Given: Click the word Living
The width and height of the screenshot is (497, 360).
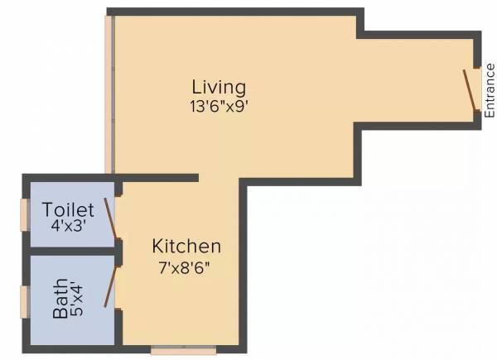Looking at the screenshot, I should pos(219,87).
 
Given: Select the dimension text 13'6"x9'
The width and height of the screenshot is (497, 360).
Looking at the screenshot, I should pos(219,105).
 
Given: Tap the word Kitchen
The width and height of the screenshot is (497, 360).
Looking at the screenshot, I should pos(186,246).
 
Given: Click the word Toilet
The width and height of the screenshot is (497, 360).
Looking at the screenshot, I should pos(69,209).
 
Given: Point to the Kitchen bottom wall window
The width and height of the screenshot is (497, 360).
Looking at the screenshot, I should pos(183,350).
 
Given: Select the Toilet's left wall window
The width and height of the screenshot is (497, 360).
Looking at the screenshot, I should pos(25,214).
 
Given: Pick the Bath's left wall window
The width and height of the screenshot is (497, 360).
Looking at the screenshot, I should pos(25,299).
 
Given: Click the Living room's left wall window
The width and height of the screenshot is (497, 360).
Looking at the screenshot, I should pos(108,95).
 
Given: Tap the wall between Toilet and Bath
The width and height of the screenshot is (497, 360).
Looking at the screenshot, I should pos(70,251).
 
